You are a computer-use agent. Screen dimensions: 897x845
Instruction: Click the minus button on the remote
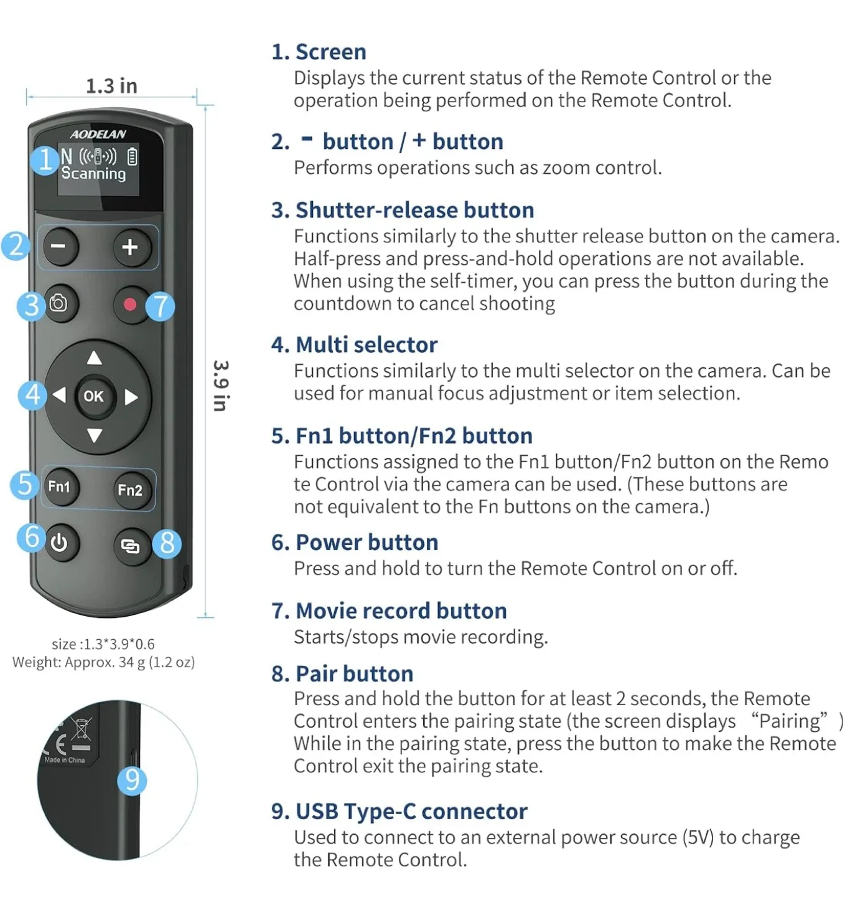(60, 247)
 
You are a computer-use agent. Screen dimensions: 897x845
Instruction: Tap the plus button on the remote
(130, 247)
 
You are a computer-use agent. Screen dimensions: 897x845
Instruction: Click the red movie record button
(130, 304)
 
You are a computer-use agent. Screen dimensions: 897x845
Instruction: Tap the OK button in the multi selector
(94, 396)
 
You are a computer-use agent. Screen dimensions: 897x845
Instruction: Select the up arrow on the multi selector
(94, 358)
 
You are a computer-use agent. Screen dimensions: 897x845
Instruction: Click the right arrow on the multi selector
(131, 397)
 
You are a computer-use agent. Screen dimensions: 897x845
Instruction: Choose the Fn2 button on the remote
(130, 490)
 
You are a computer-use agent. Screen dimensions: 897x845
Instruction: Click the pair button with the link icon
(130, 546)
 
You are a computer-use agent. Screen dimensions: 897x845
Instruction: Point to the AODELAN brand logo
(98, 134)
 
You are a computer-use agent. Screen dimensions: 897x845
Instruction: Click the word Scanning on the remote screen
(93, 174)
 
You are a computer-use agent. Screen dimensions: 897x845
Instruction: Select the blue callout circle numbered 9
(132, 779)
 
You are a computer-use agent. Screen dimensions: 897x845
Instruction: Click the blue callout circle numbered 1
(45, 160)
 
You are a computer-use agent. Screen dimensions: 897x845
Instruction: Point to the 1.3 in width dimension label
(111, 86)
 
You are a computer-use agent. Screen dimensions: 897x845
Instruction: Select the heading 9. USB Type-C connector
(399, 811)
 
